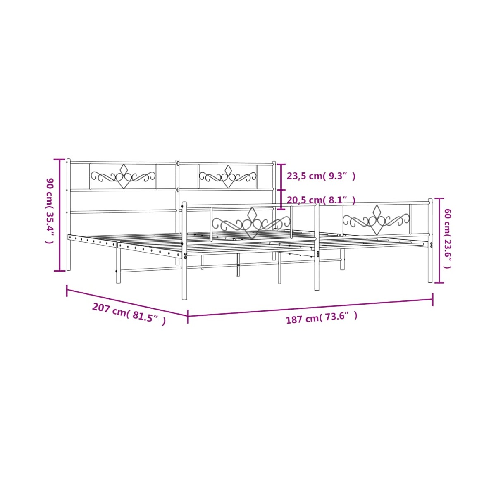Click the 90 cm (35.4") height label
[x=50, y=210]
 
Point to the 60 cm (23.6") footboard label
[x=447, y=238]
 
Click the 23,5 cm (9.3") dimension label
[x=321, y=176]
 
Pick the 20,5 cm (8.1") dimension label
[x=321, y=200]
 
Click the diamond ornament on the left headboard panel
[x=124, y=176]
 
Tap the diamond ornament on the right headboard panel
[x=228, y=176]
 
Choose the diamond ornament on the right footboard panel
[x=377, y=219]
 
